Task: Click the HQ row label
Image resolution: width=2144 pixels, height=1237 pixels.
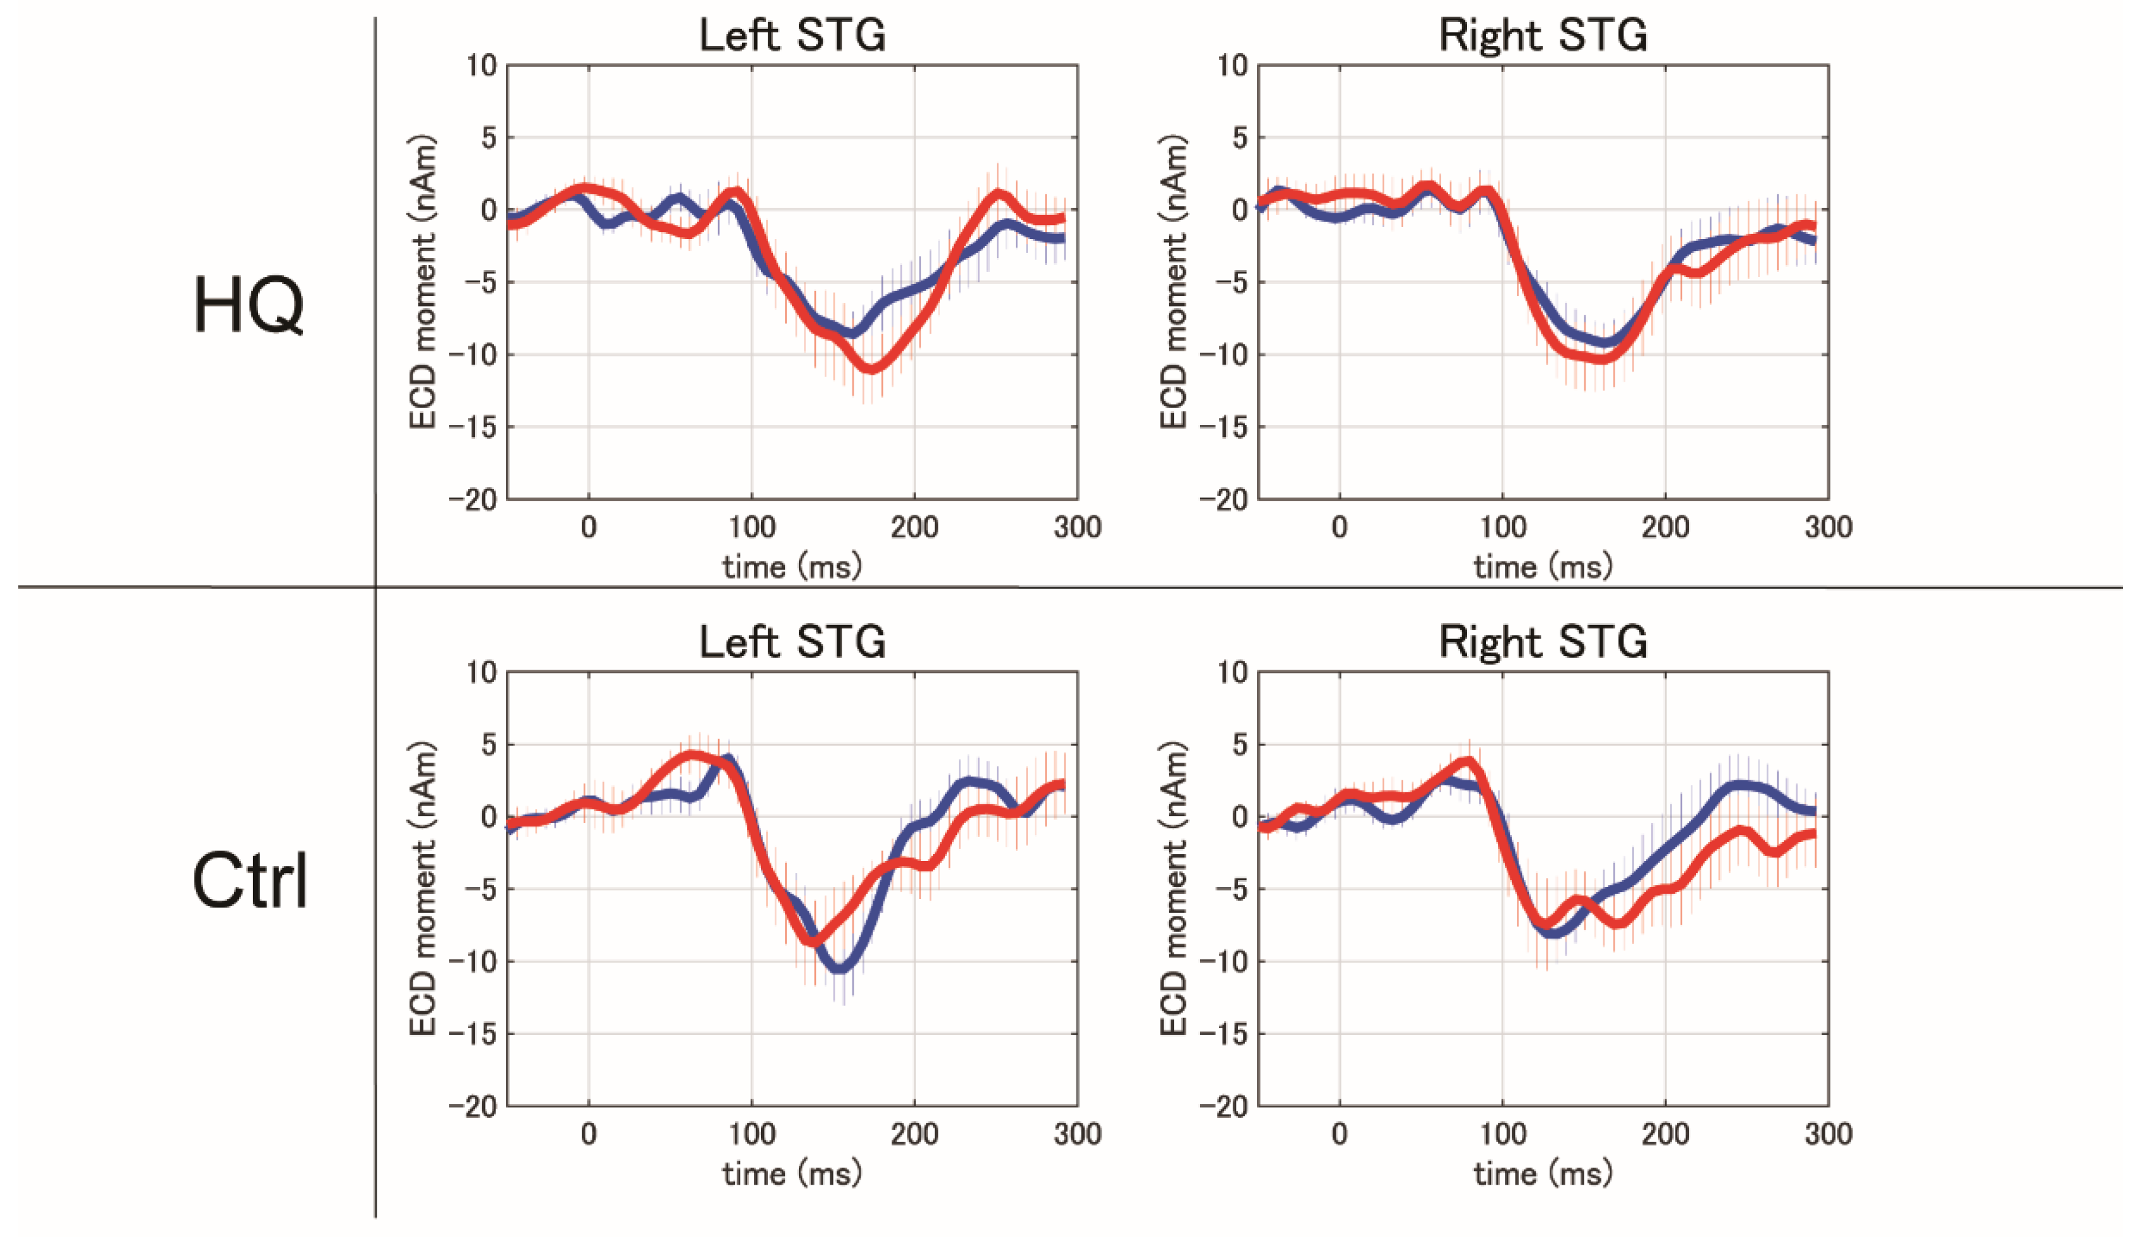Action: pos(248,306)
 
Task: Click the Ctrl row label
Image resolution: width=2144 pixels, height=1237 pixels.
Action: pos(250,882)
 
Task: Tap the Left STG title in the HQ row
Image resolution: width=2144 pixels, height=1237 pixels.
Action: pos(792,36)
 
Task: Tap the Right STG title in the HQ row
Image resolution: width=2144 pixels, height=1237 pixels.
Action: pos(1542,36)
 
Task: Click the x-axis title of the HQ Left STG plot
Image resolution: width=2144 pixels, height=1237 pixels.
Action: pos(792,566)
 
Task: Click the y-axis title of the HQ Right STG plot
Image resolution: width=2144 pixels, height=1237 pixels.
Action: pos(1174,282)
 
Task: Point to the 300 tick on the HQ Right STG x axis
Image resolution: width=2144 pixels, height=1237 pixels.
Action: pos(1828,527)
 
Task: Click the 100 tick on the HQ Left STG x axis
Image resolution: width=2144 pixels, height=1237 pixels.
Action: pos(751,527)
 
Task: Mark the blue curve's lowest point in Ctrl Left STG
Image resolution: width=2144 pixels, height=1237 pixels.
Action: pos(840,968)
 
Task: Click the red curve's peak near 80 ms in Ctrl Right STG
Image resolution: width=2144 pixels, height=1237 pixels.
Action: pos(1468,761)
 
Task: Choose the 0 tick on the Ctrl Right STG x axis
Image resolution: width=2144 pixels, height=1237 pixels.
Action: pos(1340,1134)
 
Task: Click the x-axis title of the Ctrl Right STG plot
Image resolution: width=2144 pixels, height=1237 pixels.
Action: pos(1542,1174)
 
